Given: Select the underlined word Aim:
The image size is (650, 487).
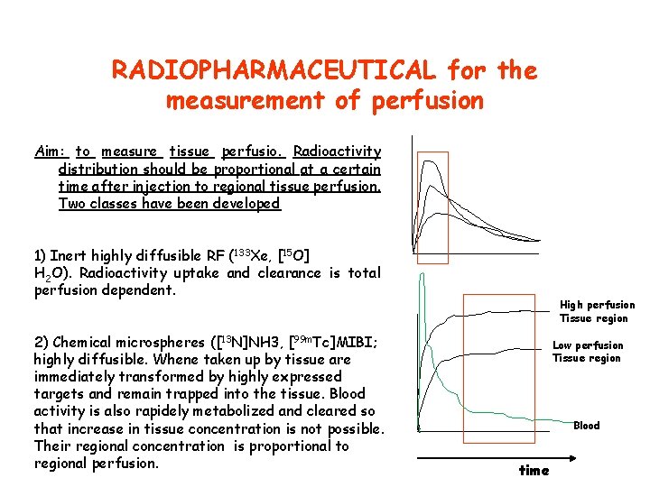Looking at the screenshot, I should [51, 152].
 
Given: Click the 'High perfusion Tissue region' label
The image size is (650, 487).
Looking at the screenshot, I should [597, 311].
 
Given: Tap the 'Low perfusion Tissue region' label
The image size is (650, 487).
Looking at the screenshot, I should [588, 352].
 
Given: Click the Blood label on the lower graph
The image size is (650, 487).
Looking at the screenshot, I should [586, 426].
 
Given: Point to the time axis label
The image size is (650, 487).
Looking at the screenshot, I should [534, 470].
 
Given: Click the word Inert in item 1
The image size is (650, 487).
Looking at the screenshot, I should [68, 255].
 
